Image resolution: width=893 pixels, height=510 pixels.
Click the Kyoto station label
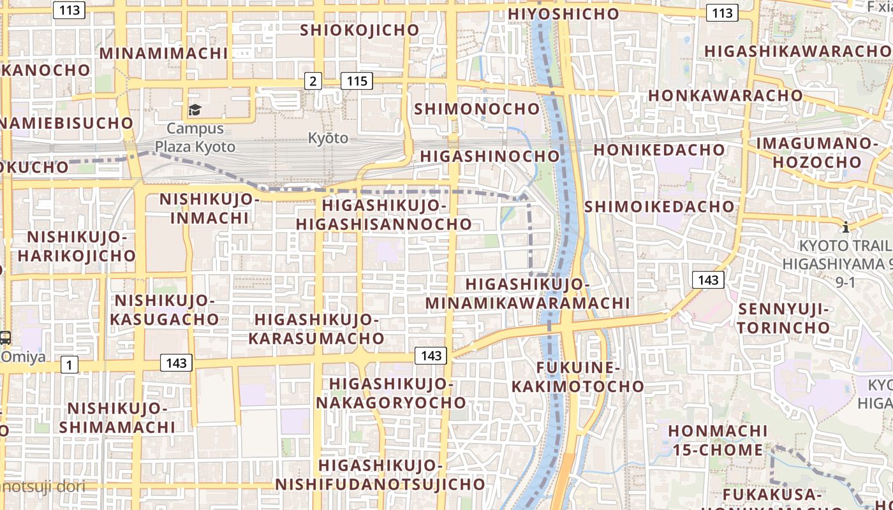pos(328,138)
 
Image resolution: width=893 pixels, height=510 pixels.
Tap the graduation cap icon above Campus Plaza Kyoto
pos(195,110)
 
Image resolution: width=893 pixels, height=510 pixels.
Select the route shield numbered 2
pos(313,81)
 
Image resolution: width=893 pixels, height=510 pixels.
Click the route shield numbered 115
pos(357,81)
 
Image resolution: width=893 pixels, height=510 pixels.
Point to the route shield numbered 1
pos(70,365)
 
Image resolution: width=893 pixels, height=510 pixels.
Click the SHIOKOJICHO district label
pos(360,30)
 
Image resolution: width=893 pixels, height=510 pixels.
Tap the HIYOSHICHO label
pos(563,13)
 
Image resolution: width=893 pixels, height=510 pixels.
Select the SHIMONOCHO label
pos(477,109)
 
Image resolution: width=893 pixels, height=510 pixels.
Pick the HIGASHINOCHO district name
pos(489,156)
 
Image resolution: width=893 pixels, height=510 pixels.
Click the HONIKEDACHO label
pos(660,150)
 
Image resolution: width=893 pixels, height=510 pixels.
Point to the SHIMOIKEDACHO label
pos(660,207)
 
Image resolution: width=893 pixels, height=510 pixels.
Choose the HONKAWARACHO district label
pos(725,96)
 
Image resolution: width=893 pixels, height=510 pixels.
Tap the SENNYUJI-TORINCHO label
pos(784,319)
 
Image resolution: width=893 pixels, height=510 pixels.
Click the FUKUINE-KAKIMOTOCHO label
pos(578,377)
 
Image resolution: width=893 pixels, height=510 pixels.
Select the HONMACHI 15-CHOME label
pos(717,441)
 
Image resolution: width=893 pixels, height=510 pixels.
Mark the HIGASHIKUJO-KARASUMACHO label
pos(316,329)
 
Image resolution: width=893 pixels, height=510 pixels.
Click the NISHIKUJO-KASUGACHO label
pos(166,310)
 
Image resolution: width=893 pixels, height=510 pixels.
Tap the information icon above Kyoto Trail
pos(846,227)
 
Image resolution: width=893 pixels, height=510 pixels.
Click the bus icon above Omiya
pos(5,338)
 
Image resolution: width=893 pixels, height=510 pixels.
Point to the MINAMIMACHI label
pos(163,53)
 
